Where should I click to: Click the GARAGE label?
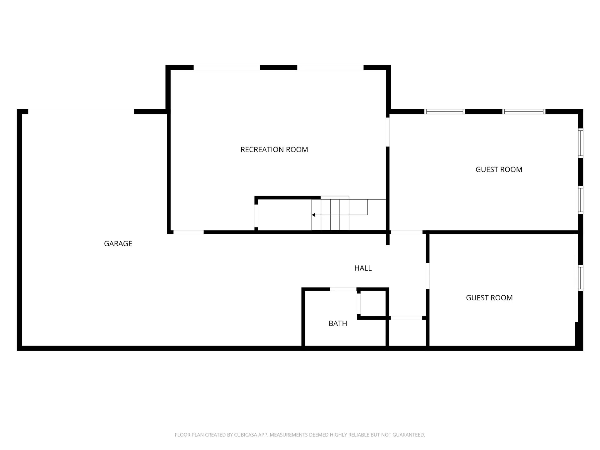[118, 243]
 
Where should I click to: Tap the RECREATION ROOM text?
[274, 150]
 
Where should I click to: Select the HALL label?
[363, 268]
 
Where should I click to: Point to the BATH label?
[338, 323]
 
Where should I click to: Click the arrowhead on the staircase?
[313, 215]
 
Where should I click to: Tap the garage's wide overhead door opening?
[81, 111]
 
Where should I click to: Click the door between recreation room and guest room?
[388, 132]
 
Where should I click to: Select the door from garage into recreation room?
[188, 232]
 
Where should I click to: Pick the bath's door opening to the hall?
[343, 289]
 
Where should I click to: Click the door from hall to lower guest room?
[427, 276]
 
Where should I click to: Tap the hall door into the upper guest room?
[407, 232]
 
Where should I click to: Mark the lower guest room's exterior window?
[581, 278]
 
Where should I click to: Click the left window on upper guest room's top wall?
[445, 112]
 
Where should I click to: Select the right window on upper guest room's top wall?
[524, 112]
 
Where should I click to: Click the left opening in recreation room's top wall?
[227, 67]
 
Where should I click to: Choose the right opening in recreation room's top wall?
[330, 67]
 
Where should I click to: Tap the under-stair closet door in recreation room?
[256, 216]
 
